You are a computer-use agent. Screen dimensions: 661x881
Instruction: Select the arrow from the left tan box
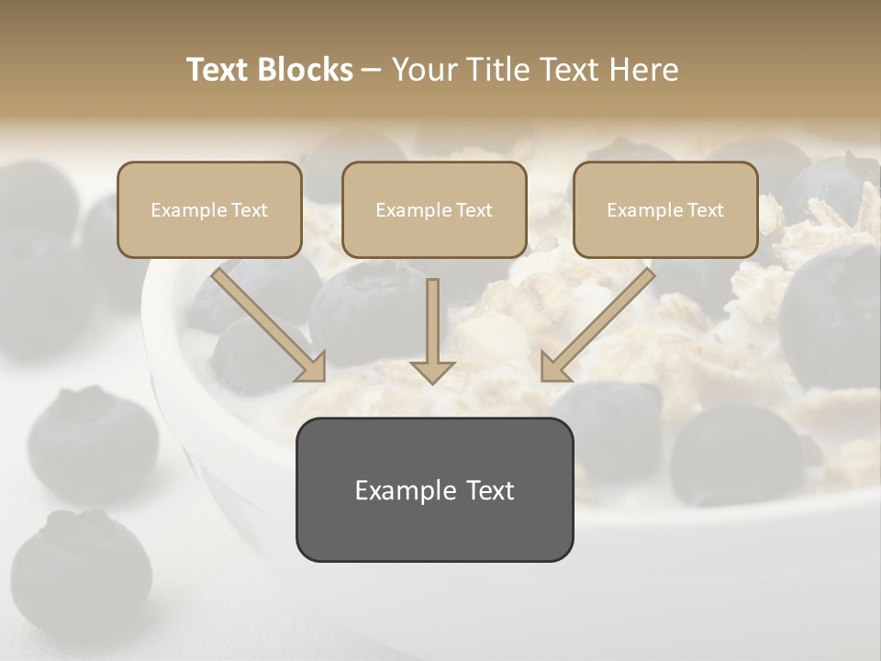[268, 323]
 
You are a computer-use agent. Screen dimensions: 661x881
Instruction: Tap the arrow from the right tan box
[598, 323]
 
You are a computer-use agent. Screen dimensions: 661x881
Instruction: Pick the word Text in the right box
[705, 210]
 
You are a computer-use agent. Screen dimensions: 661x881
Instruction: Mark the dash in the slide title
[372, 70]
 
